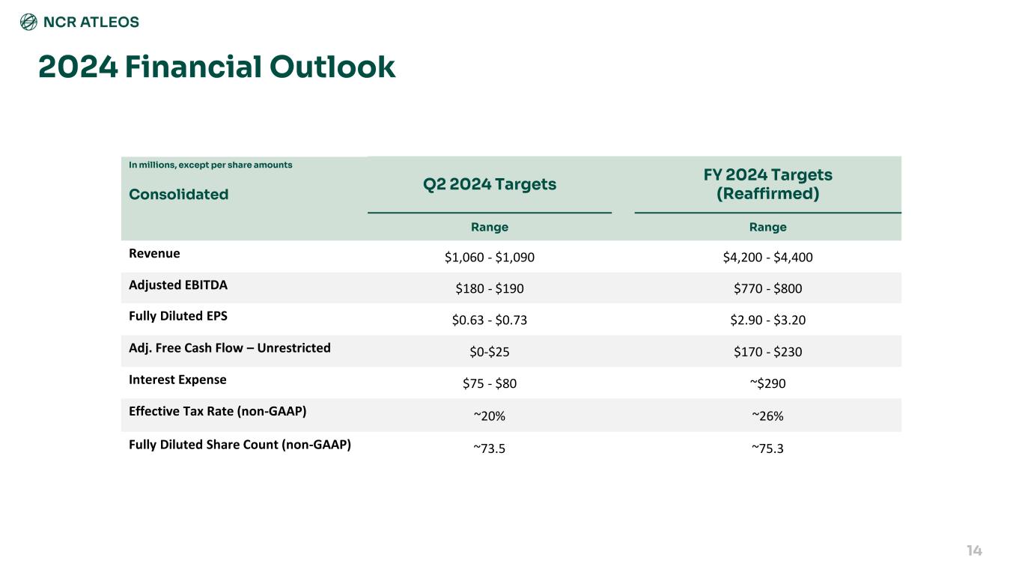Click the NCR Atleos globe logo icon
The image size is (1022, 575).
pyautogui.click(x=28, y=22)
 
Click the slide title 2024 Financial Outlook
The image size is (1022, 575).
pyautogui.click(x=217, y=67)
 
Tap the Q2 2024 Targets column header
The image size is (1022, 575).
pyautogui.click(x=490, y=184)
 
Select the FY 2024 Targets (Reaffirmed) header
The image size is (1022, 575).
pyautogui.click(x=767, y=184)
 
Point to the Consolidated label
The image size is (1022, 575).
pyautogui.click(x=179, y=195)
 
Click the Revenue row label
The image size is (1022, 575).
pyautogui.click(x=154, y=253)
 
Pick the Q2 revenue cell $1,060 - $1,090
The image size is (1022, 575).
pyautogui.click(x=490, y=258)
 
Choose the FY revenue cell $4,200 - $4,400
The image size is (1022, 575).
pyautogui.click(x=767, y=258)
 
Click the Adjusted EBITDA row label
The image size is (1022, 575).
pyautogui.click(x=178, y=285)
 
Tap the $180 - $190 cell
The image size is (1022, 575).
pyautogui.click(x=490, y=289)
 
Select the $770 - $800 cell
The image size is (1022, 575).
pyautogui.click(x=767, y=289)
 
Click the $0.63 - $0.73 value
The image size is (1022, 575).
pyautogui.click(x=490, y=320)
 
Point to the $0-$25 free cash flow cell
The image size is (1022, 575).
pyautogui.click(x=490, y=352)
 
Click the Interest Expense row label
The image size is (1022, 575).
pyautogui.click(x=177, y=379)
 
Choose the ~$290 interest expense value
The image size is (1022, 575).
pyautogui.click(x=767, y=383)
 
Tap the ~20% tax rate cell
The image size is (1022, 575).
pyautogui.click(x=490, y=415)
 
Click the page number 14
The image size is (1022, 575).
pyautogui.click(x=973, y=551)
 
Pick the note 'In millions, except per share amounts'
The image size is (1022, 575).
pyautogui.click(x=210, y=165)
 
